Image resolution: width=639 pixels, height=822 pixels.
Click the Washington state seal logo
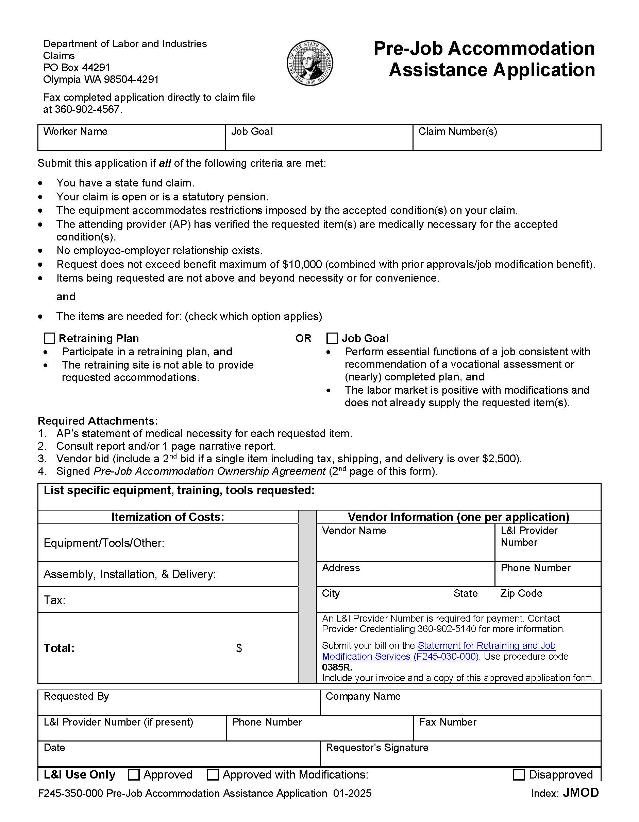[310, 63]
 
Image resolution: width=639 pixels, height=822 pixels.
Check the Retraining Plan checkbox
[49, 338]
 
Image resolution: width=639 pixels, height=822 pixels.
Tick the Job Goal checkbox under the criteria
[332, 338]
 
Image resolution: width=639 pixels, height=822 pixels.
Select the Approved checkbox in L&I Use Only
[134, 774]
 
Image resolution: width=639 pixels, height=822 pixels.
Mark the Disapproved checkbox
[519, 774]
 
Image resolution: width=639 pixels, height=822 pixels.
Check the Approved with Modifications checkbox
[213, 774]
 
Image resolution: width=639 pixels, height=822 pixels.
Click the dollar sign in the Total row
[239, 648]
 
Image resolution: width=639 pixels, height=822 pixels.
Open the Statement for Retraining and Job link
[486, 645]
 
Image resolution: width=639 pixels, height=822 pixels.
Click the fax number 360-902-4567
[88, 109]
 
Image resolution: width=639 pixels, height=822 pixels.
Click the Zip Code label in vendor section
[521, 593]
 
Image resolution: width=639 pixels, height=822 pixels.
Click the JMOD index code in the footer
[580, 793]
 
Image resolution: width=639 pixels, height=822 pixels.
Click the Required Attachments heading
[98, 421]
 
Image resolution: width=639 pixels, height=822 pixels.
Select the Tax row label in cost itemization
[54, 600]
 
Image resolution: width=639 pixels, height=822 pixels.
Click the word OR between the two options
[303, 338]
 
